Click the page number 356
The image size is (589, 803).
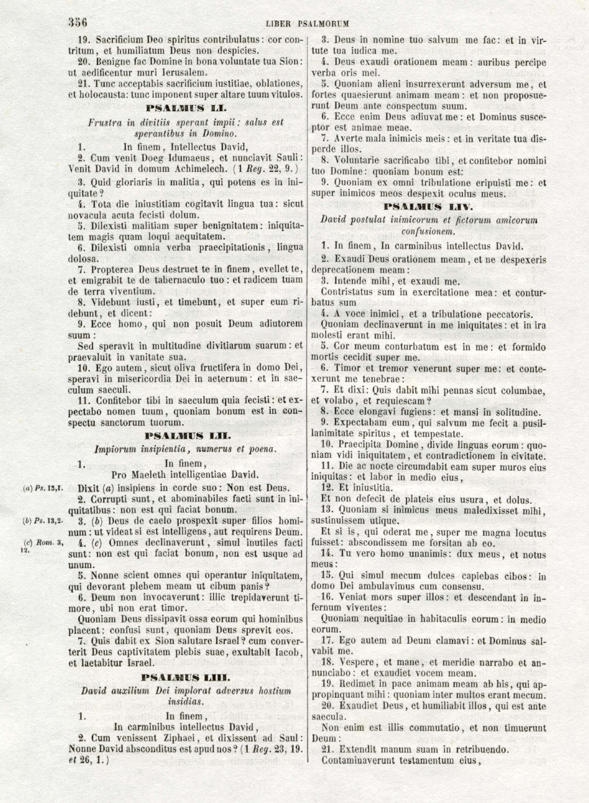tap(78, 23)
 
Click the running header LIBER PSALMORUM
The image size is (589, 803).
tap(307, 24)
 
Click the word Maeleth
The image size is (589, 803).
tap(154, 475)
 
